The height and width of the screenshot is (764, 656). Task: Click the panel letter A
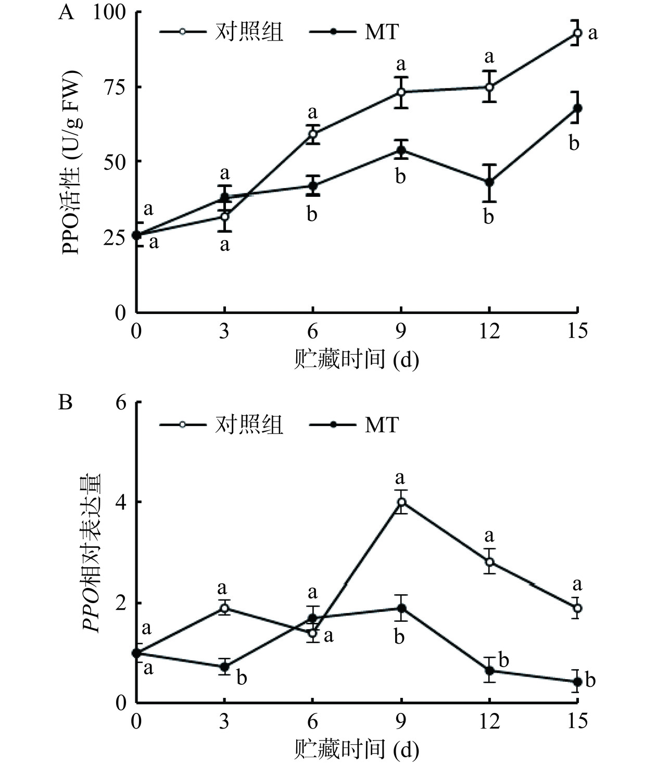point(66,12)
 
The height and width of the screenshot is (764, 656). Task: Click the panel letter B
point(66,403)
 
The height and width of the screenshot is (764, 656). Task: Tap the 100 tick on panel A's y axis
point(109,12)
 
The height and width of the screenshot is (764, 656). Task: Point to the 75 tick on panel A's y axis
point(116,87)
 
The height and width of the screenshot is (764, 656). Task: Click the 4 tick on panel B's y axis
point(121,503)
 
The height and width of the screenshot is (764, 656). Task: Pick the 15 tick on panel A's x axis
point(577,331)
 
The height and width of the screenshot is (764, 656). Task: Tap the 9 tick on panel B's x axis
point(401,721)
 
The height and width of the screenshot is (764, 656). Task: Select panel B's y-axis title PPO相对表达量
point(92,553)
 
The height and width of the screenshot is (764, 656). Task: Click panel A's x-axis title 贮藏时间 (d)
point(357,359)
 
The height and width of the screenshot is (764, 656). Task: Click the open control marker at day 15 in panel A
point(577,33)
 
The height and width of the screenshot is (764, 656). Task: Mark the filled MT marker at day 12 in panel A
point(489,182)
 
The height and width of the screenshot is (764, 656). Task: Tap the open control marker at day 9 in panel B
point(401,502)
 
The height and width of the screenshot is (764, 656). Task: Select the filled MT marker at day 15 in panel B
point(577,682)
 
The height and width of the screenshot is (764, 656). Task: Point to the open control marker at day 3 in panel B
point(224,608)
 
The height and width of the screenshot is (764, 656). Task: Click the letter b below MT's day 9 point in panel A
point(400,177)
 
